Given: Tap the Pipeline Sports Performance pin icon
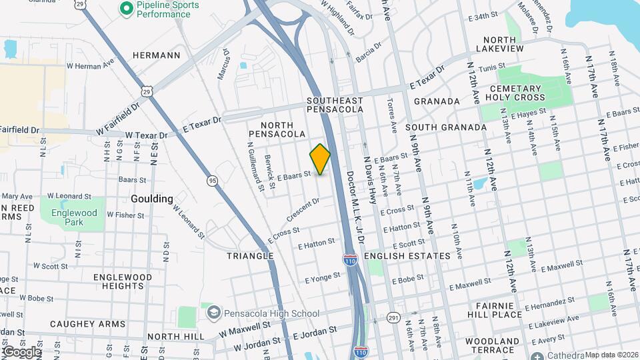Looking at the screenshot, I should [x=125, y=9].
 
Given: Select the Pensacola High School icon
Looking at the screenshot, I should [x=213, y=313].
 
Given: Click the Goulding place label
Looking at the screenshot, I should [x=152, y=199].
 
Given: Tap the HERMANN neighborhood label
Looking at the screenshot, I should [x=157, y=55].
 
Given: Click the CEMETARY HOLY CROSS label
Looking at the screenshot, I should [x=525, y=93].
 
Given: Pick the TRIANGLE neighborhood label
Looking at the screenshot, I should [x=250, y=256].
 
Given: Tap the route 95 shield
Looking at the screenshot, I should [x=212, y=180].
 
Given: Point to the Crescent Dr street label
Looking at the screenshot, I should [x=307, y=209].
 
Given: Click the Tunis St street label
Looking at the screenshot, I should [x=491, y=68].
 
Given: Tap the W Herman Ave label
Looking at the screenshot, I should [x=84, y=66].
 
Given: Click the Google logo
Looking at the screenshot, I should [x=21, y=352].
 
